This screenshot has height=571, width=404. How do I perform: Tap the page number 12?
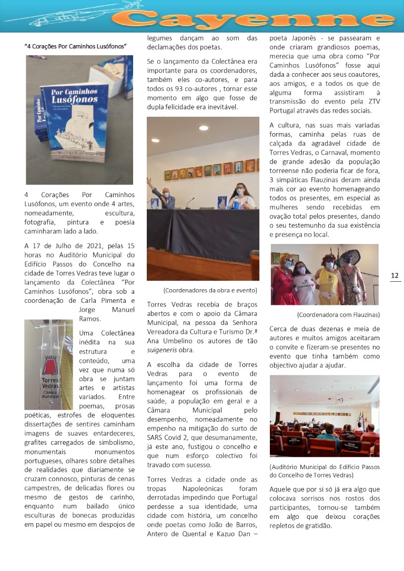395,276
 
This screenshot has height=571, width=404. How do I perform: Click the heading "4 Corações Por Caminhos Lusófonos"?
75,46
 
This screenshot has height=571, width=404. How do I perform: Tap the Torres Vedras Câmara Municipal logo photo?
48,364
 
